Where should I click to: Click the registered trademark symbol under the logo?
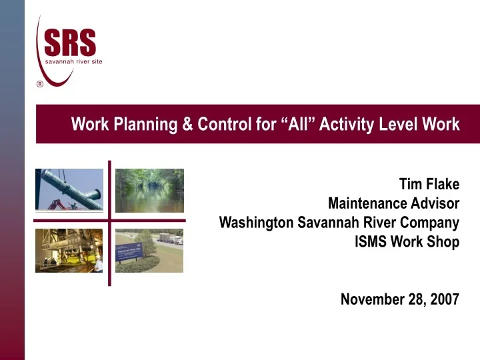click(40, 84)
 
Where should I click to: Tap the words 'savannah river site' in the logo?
click(73, 61)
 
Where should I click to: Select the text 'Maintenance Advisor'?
click(393, 203)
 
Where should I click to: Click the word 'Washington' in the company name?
click(257, 223)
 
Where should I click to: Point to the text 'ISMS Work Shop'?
click(407, 241)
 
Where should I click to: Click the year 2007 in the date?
click(444, 299)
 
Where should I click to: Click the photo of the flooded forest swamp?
click(149, 190)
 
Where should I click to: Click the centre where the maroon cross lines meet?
click(109, 220)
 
